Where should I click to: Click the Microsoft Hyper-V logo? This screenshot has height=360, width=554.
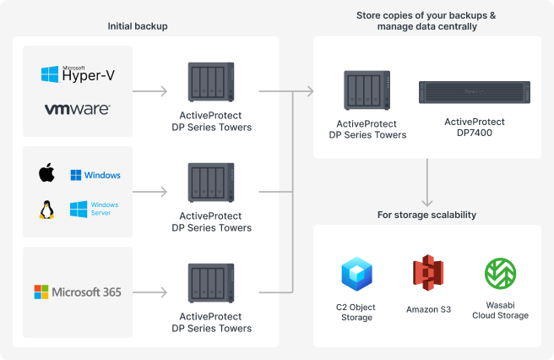pyautogui.click(x=78, y=74)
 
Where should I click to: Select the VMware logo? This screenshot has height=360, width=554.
pyautogui.click(x=78, y=109)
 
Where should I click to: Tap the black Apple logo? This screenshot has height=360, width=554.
pyautogui.click(x=46, y=174)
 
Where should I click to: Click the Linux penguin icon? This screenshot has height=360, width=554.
pyautogui.click(x=46, y=209)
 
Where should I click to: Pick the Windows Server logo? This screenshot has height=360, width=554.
pyautogui.click(x=95, y=209)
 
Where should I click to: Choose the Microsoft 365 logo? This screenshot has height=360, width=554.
pyautogui.click(x=78, y=292)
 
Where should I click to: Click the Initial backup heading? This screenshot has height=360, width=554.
pyautogui.click(x=138, y=26)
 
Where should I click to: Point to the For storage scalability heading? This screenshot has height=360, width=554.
pyautogui.click(x=426, y=215)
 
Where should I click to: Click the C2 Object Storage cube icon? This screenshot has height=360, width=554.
pyautogui.click(x=356, y=274)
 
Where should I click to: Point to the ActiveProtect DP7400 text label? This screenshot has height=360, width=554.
pyautogui.click(x=475, y=128)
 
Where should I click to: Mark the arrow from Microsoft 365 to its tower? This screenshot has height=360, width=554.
pyautogui.click(x=150, y=292)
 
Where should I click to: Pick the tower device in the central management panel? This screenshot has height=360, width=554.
pyautogui.click(x=367, y=91)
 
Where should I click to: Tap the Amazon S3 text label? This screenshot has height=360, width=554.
pyautogui.click(x=428, y=309)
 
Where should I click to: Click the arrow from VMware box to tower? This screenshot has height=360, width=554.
pyautogui.click(x=150, y=90)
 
